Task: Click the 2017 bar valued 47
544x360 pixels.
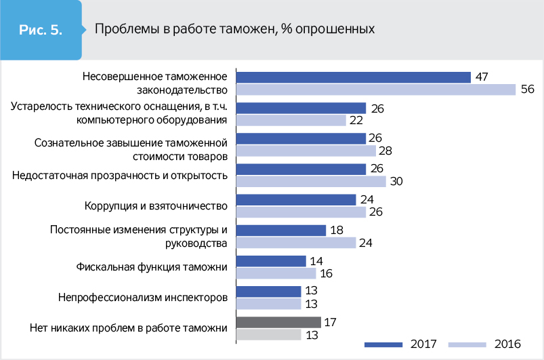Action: point(353,77)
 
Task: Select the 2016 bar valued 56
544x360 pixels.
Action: point(375,89)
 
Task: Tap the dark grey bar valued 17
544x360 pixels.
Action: point(278,322)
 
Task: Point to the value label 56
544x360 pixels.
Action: point(528,89)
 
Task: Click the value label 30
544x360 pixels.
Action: point(397,182)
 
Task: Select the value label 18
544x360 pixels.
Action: point(337,231)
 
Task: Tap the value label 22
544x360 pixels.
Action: point(356,121)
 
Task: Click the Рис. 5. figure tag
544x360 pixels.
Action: point(40,30)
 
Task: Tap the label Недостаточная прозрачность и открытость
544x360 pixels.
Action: point(119,175)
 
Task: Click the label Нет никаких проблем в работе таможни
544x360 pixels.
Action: point(128,328)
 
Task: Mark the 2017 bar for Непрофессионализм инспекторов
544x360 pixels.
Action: point(268,292)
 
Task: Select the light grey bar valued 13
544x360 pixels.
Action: point(268,334)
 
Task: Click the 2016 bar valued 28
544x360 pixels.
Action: point(305,151)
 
